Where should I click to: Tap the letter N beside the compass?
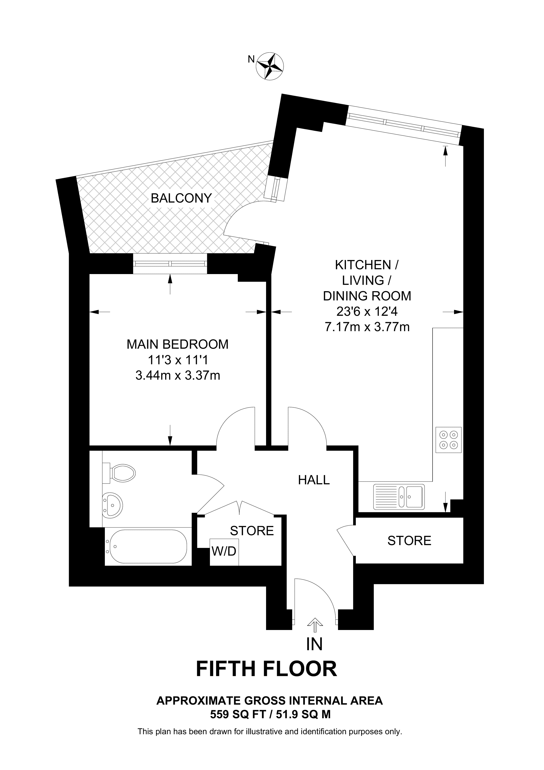tap(251, 59)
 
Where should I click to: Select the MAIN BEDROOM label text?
tap(177, 344)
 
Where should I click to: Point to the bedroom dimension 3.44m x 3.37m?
tap(178, 375)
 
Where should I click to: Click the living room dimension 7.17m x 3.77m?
tap(367, 327)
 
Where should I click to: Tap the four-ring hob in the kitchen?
tap(449, 440)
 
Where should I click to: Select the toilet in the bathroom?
tap(119, 473)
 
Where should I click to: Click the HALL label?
tap(314, 480)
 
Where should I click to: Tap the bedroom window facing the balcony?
tap(170, 264)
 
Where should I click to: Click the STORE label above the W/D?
tap(252, 531)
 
